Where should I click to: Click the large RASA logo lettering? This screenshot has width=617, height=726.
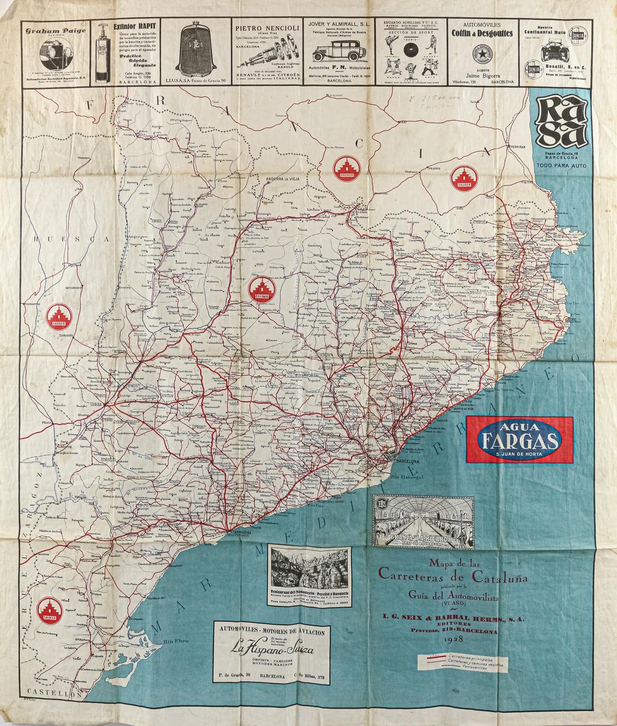pos(561,123)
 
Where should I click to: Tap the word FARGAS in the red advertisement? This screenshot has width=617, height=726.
pos(519,440)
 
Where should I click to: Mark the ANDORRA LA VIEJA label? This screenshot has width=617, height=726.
pos(278,179)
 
